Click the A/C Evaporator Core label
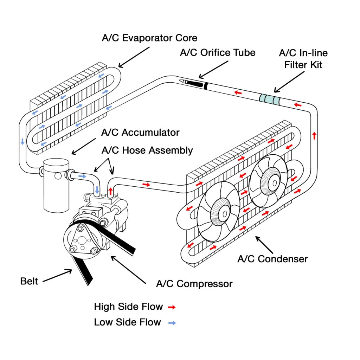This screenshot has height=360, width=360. pyautogui.click(x=149, y=38)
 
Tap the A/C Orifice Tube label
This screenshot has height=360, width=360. pyautogui.click(x=218, y=53)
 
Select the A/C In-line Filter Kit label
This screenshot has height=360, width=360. pyautogui.click(x=303, y=59)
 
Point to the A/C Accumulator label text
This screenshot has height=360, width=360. pyautogui.click(x=140, y=133)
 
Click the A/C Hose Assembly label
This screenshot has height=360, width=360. pyautogui.click(x=147, y=150)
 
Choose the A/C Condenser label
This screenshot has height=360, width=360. pyautogui.click(x=272, y=259)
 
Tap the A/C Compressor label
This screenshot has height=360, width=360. pyautogui.click(x=194, y=284)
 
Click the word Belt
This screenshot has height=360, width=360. pyautogui.click(x=29, y=281)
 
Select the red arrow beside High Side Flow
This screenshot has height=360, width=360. pyautogui.click(x=172, y=307)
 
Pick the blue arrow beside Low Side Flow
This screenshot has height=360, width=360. pyautogui.click(x=172, y=322)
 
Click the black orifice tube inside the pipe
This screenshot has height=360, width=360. pyautogui.click(x=195, y=83)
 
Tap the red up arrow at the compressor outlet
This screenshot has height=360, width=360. pyautogui.click(x=111, y=191)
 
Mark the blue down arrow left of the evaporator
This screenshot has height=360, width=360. pyautogui.click(x=22, y=141)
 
